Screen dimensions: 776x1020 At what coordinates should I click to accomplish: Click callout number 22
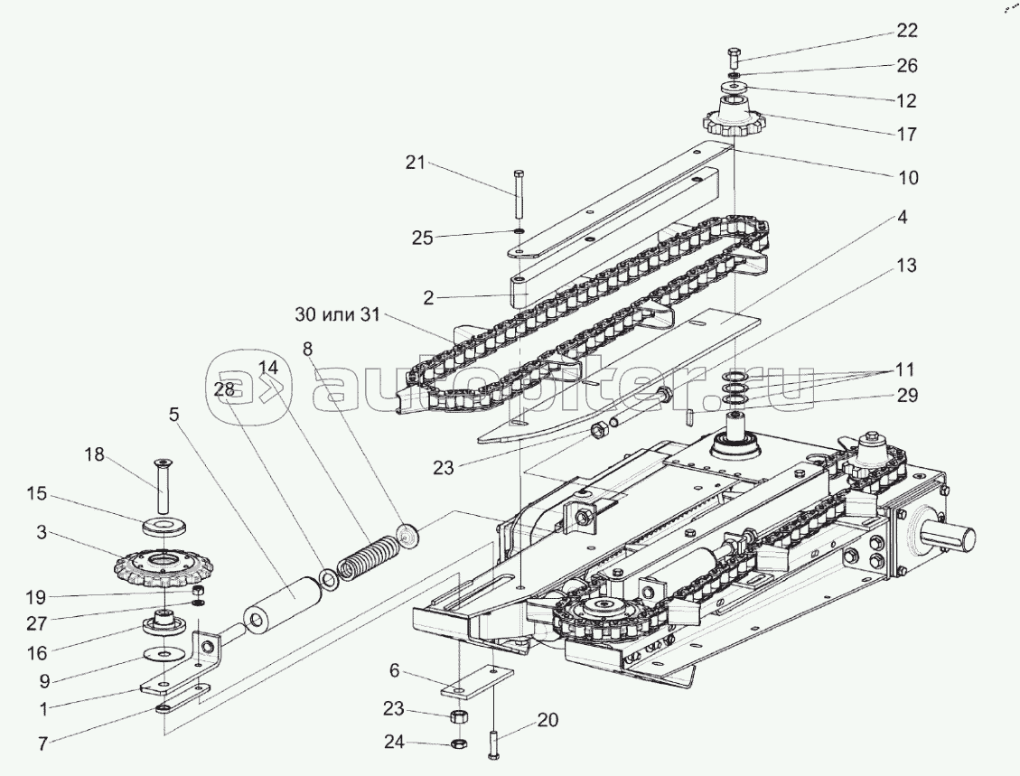coord(906,31)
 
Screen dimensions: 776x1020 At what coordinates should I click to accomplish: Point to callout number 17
coord(906,135)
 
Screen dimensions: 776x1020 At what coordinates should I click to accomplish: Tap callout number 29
coord(906,395)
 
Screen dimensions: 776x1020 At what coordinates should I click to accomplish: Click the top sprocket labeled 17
coord(733,121)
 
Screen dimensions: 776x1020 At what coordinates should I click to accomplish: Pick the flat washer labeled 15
coord(166,525)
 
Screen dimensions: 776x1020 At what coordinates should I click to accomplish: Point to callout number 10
coord(906,178)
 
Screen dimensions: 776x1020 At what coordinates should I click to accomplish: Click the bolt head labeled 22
coord(733,54)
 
